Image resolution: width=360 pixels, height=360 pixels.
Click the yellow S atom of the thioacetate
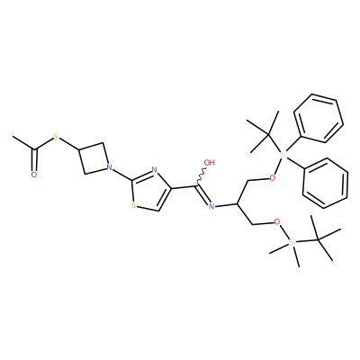56,139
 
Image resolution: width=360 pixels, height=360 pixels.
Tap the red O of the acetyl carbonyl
34,175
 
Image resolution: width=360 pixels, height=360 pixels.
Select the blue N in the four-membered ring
109,166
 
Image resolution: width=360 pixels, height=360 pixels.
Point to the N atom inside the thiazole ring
155,170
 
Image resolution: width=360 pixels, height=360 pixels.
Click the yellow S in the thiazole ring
134,206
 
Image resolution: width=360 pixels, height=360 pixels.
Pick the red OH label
210,163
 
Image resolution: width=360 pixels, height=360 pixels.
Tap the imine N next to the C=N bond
211,206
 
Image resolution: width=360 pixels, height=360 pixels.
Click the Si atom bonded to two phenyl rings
283,156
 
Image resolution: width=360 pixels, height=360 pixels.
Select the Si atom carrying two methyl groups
292,242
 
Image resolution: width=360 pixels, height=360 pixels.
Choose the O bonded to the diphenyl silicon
272,178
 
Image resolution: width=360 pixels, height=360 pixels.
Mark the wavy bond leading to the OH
202,175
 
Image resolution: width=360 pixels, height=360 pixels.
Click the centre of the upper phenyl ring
319,118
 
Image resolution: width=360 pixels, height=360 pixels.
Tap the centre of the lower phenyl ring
326,183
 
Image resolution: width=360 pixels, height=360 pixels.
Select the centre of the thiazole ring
150,191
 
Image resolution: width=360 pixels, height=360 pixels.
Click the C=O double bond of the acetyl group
35,160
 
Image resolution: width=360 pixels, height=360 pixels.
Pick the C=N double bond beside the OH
202,194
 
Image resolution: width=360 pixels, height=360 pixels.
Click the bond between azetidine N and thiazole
121,174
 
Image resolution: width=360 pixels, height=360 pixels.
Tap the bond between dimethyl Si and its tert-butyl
307,240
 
